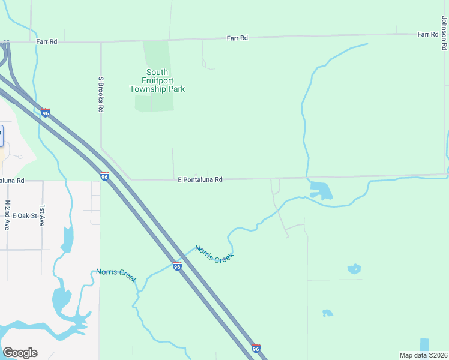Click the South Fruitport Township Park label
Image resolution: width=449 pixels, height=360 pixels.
[157, 81]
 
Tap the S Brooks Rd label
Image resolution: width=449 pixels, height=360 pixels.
[101, 95]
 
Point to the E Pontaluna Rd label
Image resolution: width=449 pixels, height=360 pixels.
[200, 179]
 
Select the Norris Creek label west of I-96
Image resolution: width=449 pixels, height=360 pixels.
[116, 276]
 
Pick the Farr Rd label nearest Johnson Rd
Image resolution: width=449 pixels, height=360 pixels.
[428, 35]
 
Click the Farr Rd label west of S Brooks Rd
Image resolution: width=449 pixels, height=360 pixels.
[46, 42]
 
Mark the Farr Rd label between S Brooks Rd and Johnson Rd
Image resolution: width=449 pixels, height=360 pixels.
[237, 38]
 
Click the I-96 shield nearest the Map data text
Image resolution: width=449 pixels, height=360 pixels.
[256, 348]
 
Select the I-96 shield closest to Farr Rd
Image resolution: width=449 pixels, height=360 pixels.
[46, 112]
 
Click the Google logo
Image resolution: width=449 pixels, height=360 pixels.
[20, 353]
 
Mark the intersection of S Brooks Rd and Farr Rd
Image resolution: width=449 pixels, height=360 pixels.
[101, 42]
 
